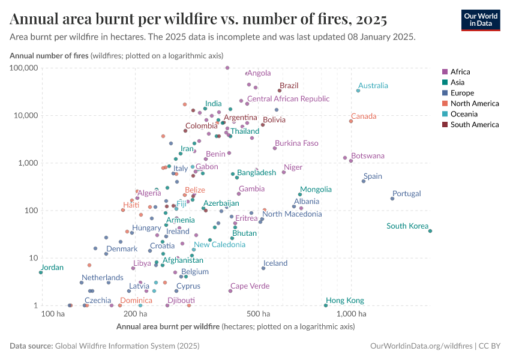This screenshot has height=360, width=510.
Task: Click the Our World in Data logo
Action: (x=480, y=20)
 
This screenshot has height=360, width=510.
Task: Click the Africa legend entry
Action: (x=460, y=71)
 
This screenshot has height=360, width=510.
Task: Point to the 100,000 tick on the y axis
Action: (x=22, y=68)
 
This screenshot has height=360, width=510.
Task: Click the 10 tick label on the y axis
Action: (x=34, y=258)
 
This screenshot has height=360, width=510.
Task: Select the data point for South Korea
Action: (x=430, y=231)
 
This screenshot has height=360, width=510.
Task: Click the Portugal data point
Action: (x=392, y=199)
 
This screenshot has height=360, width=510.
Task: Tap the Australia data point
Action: (x=358, y=91)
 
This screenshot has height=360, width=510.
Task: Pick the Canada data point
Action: (x=351, y=121)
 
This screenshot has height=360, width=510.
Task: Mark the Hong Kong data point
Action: (x=326, y=305)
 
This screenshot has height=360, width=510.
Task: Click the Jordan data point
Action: (x=41, y=272)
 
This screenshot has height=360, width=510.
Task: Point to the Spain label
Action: (x=373, y=176)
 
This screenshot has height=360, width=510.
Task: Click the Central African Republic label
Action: (x=288, y=98)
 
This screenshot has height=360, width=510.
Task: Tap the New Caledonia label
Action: (x=219, y=244)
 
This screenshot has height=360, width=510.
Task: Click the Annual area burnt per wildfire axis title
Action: (x=167, y=327)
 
